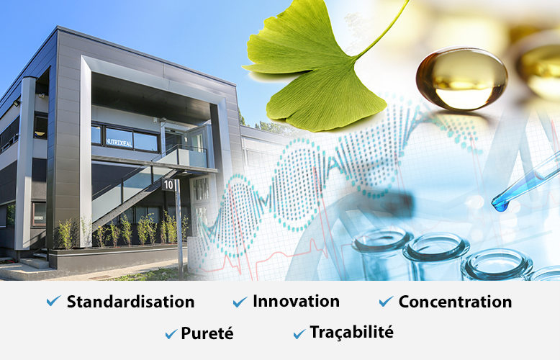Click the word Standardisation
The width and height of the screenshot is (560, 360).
[x=131, y=302]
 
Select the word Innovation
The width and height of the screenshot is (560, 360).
[x=296, y=301]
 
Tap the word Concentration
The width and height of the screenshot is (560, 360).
[x=456, y=302]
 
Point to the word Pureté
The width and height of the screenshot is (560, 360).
[x=207, y=333]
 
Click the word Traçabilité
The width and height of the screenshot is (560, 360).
[x=352, y=332]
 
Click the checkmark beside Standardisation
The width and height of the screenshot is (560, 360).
[x=53, y=301]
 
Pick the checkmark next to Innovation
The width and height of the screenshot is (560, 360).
[x=240, y=302]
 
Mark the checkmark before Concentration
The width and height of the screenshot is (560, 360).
[x=386, y=302]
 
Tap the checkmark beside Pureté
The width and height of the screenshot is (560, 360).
[x=171, y=334]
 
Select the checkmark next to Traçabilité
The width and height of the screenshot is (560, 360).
[x=299, y=333]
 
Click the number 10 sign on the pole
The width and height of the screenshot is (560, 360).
[x=168, y=184]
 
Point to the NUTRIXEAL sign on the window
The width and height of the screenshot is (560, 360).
[x=119, y=143]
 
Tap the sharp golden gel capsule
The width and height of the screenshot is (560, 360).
[x=461, y=78]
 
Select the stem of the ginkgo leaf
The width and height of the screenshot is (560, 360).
[x=382, y=29]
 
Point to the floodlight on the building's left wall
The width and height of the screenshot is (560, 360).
[x=17, y=103]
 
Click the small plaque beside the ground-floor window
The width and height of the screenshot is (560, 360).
[x=38, y=218]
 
